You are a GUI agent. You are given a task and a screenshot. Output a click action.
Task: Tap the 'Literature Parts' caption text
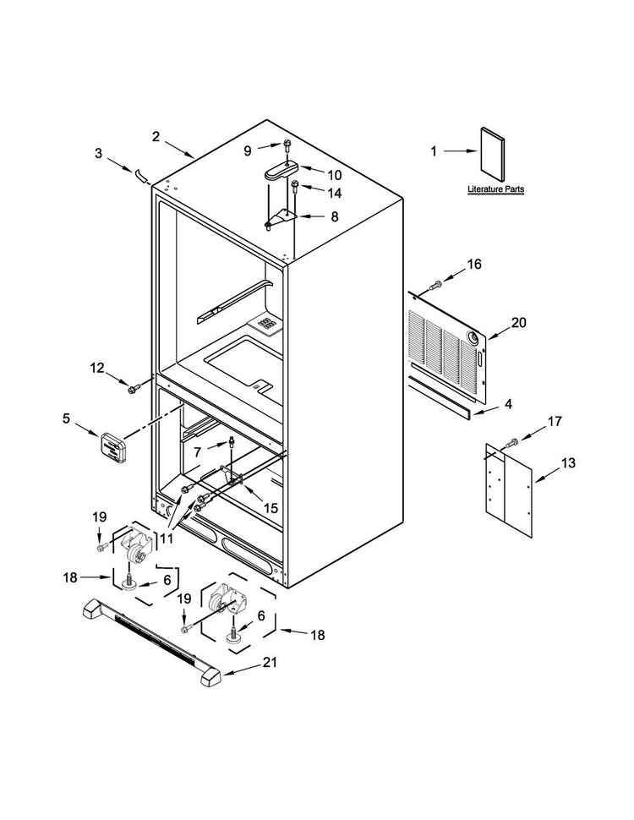point(495,189)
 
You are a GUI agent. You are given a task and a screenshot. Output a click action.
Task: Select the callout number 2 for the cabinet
point(156,137)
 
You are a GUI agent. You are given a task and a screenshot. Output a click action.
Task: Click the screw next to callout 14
point(296,186)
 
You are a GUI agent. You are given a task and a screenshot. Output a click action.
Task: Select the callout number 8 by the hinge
point(335,216)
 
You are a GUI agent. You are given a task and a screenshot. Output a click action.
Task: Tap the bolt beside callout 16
point(435,285)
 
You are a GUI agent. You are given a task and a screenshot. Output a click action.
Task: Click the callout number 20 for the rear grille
point(518,323)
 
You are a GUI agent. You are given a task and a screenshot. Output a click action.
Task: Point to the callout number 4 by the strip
point(508,404)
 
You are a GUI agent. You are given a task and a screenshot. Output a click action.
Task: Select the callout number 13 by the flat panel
point(568,462)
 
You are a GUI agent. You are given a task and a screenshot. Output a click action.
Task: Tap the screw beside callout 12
point(134,387)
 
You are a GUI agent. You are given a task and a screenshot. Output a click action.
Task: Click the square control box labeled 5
point(112,447)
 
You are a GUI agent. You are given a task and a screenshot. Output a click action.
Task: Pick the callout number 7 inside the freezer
point(197,451)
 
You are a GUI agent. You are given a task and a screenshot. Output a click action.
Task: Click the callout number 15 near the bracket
point(271,508)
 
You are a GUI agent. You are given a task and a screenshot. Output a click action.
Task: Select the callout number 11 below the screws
point(167,538)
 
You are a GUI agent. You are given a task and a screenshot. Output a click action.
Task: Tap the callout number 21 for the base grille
point(270,662)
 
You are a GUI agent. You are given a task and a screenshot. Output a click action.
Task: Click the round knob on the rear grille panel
point(474,338)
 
